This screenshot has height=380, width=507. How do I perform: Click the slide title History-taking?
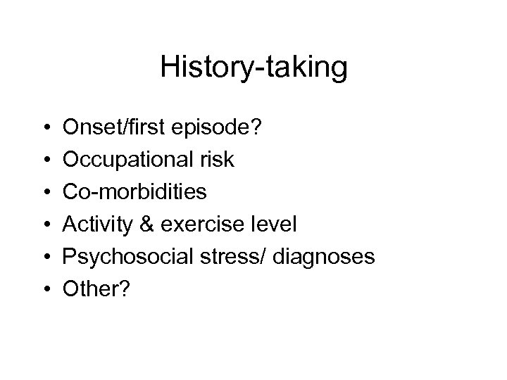click(x=254, y=68)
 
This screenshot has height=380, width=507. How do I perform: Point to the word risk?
click(x=218, y=160)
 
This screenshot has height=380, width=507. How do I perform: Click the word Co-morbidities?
click(x=134, y=192)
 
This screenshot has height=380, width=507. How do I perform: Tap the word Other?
click(x=92, y=289)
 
